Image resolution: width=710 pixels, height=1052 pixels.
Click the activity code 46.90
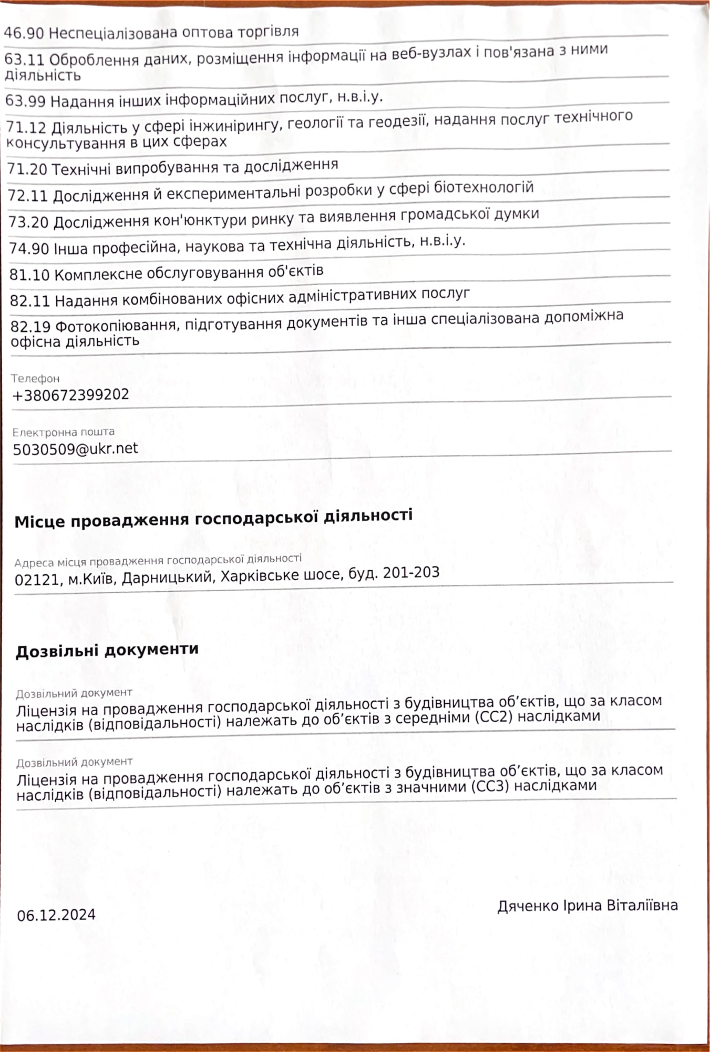[x=25, y=33]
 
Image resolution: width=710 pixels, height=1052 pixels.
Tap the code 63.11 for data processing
[x=25, y=59]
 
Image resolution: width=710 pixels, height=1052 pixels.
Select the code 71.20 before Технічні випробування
[x=28, y=169]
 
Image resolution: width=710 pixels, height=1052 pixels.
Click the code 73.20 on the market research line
[x=29, y=222]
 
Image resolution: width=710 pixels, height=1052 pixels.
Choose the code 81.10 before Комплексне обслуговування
[x=30, y=275]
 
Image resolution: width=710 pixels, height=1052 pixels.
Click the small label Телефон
[x=36, y=378]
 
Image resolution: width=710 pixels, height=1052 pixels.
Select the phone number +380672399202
[x=70, y=395]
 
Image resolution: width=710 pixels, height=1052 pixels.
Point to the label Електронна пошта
[x=64, y=432]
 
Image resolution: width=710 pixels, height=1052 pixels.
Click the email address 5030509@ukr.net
[x=76, y=449]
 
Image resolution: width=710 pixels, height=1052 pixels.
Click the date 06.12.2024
[x=56, y=915]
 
